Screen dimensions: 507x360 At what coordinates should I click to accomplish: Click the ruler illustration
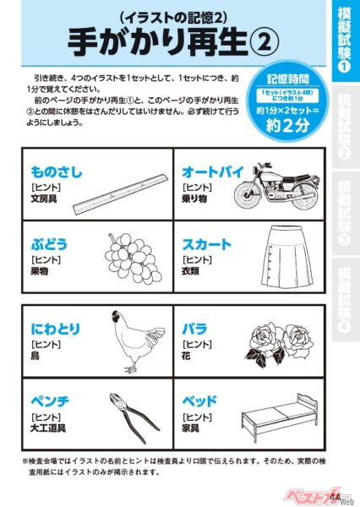click(x=122, y=194)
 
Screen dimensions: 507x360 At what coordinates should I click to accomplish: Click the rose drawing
click(x=286, y=337)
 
